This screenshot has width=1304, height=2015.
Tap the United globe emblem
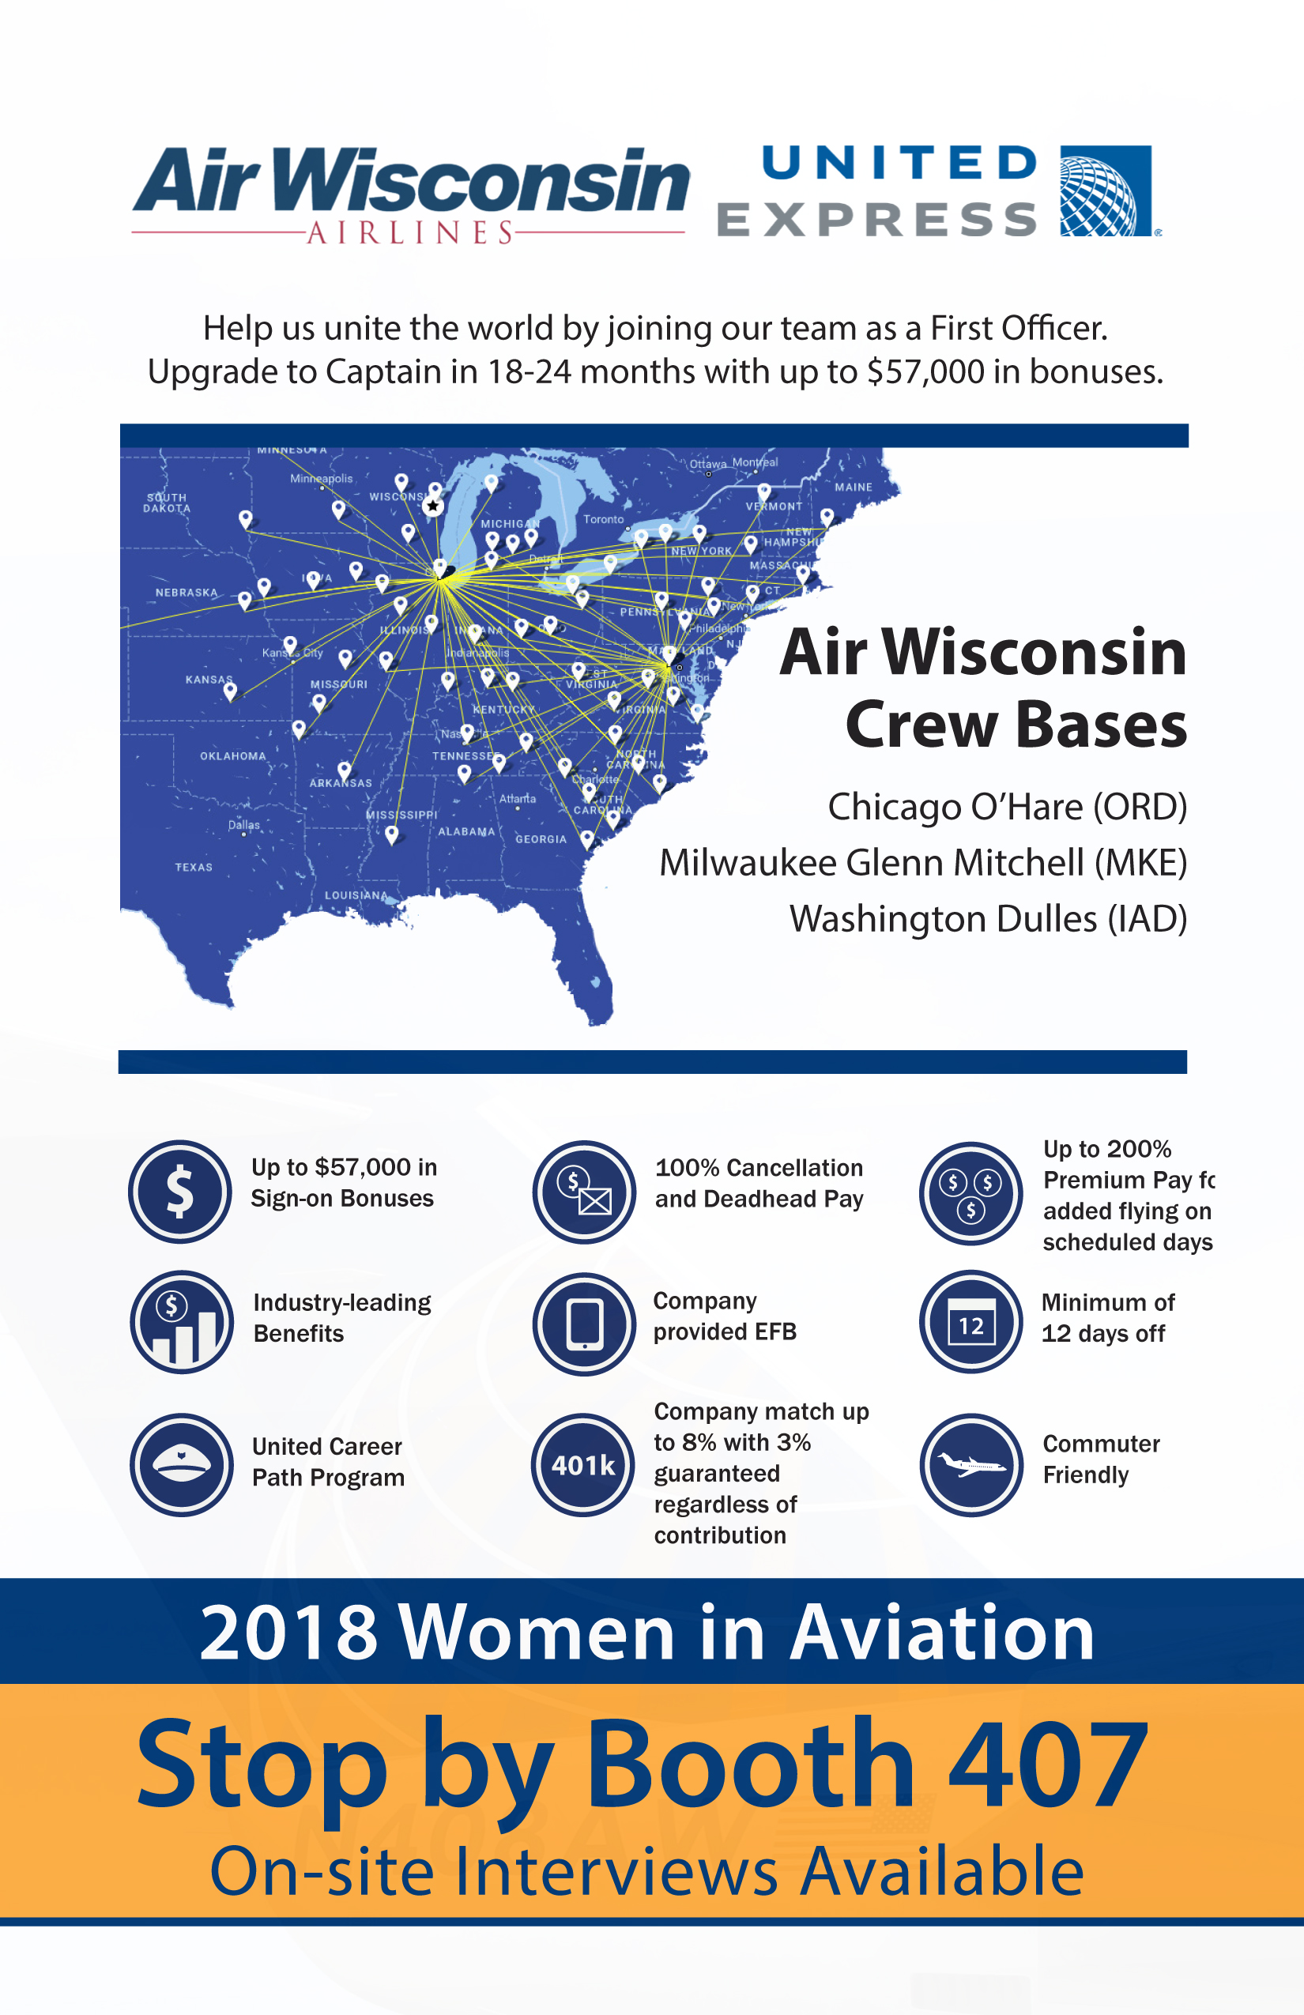(x=1105, y=190)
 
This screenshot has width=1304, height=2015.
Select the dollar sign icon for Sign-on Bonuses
(x=179, y=1192)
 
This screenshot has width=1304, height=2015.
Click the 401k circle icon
(x=583, y=1465)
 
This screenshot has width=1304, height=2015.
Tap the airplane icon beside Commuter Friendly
(x=971, y=1465)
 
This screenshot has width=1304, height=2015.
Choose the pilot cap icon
(x=181, y=1465)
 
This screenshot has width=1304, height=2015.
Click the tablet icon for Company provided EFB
(x=584, y=1324)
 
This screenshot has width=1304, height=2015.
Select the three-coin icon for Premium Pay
(x=971, y=1193)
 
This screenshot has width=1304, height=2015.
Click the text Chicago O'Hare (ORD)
(x=1007, y=807)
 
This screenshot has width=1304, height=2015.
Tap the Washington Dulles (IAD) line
(x=987, y=918)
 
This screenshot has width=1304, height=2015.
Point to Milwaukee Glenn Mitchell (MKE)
(x=923, y=863)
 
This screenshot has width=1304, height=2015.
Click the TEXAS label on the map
(x=194, y=867)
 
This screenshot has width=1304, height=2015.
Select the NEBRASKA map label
(x=187, y=593)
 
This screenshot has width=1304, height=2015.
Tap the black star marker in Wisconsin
(x=433, y=507)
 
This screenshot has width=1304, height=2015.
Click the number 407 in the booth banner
(x=1047, y=1765)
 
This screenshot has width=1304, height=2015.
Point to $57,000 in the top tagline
(x=925, y=371)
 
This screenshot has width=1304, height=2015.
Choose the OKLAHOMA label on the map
(x=233, y=756)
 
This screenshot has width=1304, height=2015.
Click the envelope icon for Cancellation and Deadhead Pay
(x=584, y=1192)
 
